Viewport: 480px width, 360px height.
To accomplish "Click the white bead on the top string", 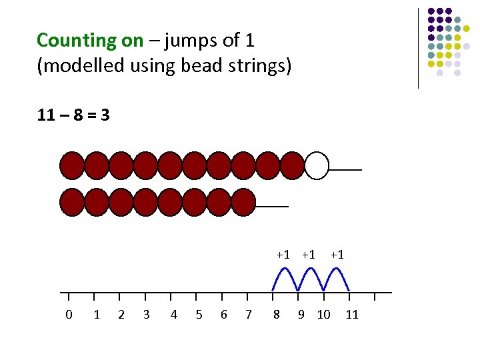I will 317,166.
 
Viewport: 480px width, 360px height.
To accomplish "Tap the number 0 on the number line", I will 69,314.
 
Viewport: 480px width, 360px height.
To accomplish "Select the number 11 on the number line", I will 352,314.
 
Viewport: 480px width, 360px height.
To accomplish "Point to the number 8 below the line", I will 276,314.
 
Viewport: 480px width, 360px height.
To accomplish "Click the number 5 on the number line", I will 199,314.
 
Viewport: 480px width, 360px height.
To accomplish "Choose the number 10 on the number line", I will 323,314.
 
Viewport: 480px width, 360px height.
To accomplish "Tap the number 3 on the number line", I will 146,314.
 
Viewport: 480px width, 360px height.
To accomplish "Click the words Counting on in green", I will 90,41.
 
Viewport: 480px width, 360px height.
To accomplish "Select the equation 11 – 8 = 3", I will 74,115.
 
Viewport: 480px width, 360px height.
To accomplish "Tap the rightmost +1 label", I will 337,254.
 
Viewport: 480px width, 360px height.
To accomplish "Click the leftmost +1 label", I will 283,254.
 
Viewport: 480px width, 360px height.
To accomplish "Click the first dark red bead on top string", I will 72,166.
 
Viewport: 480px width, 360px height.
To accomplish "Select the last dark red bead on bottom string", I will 243,202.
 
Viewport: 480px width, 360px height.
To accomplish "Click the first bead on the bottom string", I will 72,202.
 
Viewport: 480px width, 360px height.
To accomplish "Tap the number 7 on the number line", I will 248,314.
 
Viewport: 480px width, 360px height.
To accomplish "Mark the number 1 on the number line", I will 97,314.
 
